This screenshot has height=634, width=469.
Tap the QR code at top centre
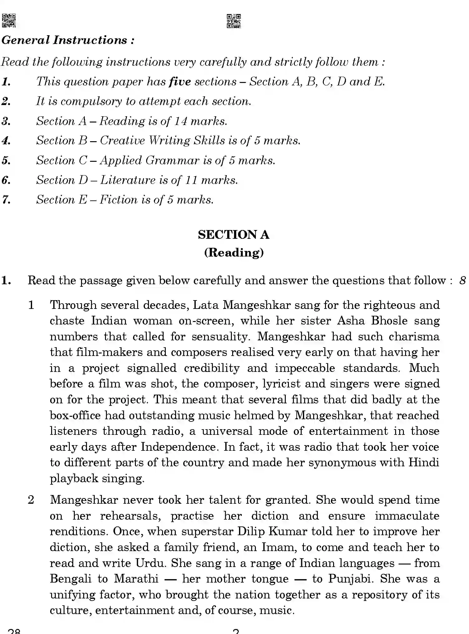click(x=233, y=21)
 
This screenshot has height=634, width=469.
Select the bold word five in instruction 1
click(x=180, y=82)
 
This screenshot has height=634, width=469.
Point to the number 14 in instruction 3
click(x=180, y=121)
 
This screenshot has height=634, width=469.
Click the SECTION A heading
click(x=233, y=235)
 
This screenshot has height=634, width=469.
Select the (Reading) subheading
click(x=234, y=252)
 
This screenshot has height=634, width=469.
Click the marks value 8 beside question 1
click(x=462, y=281)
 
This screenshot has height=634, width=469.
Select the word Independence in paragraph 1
click(x=178, y=447)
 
